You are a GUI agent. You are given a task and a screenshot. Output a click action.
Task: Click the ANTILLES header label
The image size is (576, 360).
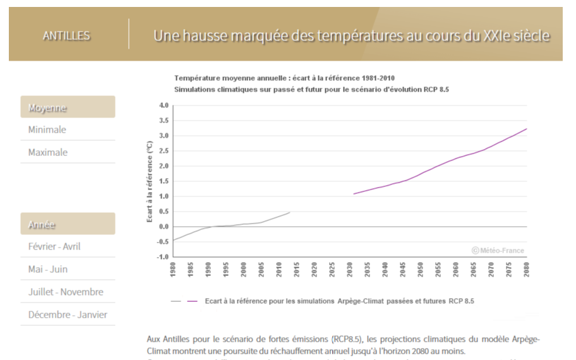click(66, 36)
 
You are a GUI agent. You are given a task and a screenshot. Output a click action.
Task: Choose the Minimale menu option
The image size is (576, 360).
click(47, 129)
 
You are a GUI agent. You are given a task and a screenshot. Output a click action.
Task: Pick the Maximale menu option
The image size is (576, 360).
click(48, 152)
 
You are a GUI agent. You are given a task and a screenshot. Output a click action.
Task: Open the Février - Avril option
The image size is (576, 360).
click(54, 246)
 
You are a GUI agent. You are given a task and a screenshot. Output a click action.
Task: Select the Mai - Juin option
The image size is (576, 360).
click(48, 269)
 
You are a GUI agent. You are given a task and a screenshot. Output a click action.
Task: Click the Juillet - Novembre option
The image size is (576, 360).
click(66, 292)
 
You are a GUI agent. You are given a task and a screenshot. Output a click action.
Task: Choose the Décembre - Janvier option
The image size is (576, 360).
click(68, 315)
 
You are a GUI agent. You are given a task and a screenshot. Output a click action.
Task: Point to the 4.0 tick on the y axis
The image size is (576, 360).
click(164, 105)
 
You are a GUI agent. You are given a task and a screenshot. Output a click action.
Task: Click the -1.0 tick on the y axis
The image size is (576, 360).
click(163, 257)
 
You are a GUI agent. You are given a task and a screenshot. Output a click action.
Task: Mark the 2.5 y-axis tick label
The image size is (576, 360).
click(164, 151)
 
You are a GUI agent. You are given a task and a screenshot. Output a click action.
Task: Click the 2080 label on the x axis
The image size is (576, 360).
click(526, 269)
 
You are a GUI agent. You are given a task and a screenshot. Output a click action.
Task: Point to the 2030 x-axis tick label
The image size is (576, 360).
click(350, 269)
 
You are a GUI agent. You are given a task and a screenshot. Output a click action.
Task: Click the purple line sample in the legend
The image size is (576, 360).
click(193, 301)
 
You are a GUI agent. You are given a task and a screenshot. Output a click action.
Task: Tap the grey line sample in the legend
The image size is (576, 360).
click(176, 301)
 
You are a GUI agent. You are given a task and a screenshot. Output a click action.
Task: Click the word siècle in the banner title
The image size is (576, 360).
click(528, 35)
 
